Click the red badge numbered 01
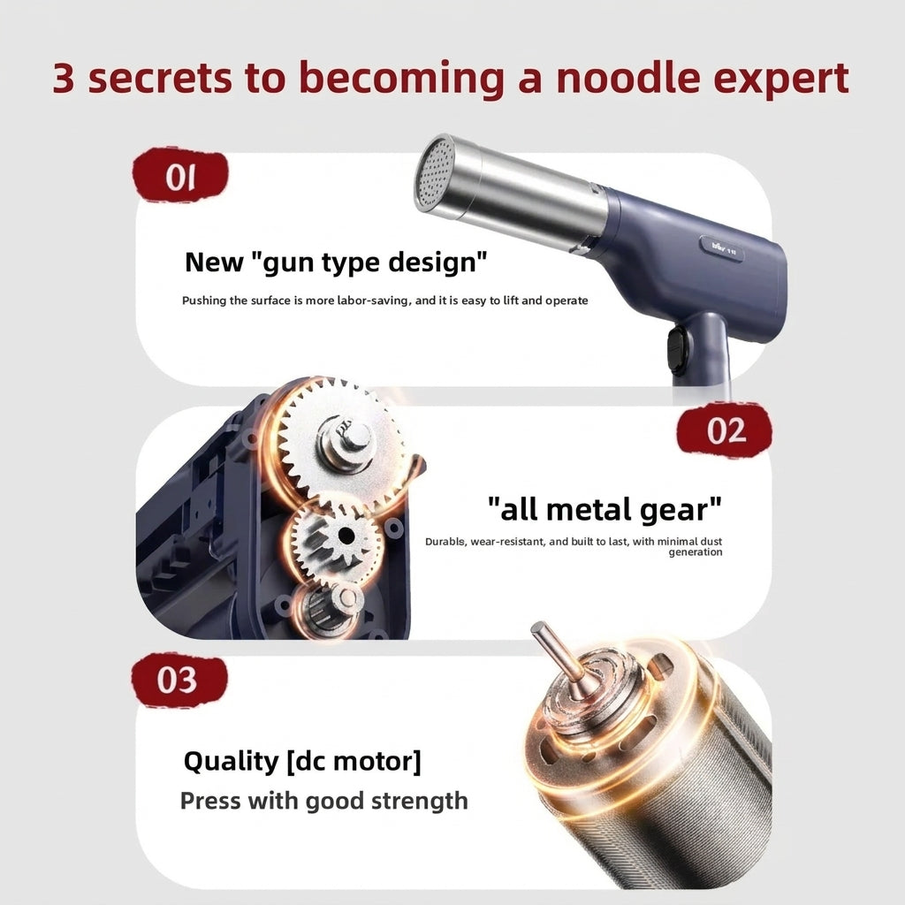point(180,175)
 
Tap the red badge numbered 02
point(725,430)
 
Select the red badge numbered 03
point(179,680)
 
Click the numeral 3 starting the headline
point(64,78)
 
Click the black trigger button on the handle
point(676,350)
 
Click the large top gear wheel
point(339,442)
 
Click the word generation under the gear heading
point(696,552)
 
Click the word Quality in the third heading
point(231,761)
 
